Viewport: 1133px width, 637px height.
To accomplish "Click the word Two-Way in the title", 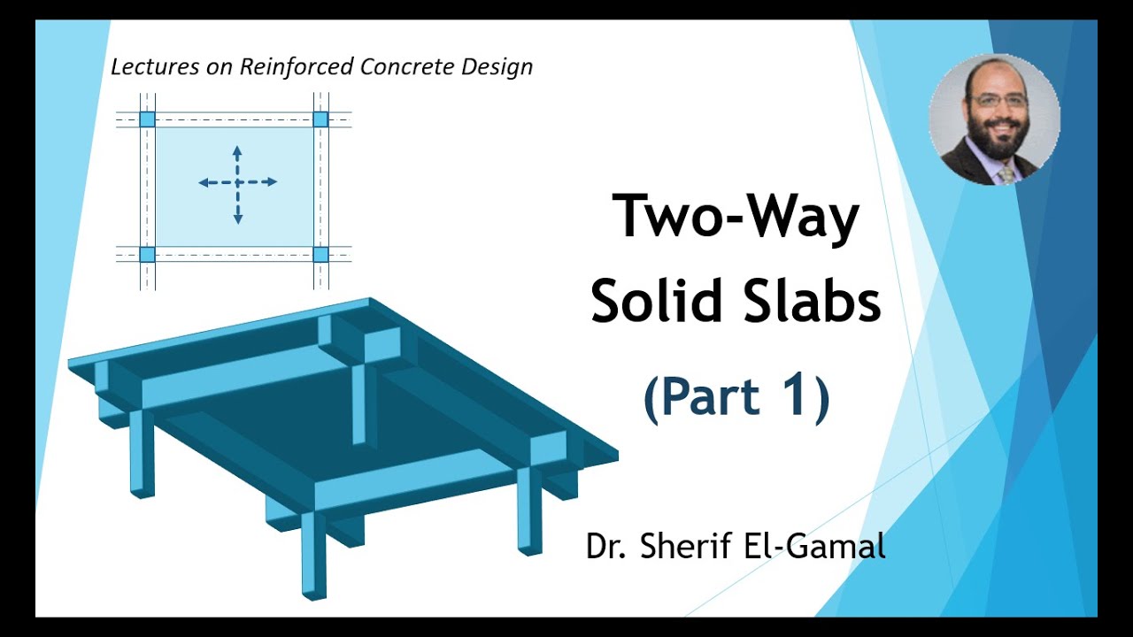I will tap(736, 217).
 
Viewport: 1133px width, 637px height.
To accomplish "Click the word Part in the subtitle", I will tap(712, 396).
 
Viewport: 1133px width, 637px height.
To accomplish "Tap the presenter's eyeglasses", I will tap(998, 101).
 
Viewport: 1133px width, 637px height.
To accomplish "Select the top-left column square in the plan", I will tap(147, 119).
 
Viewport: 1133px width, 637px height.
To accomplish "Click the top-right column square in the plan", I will tap(320, 119).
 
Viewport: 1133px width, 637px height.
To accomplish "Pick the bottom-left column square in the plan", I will tap(147, 255).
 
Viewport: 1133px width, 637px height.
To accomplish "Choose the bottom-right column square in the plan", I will tap(320, 255).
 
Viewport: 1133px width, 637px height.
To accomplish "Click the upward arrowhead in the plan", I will tap(237, 149).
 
